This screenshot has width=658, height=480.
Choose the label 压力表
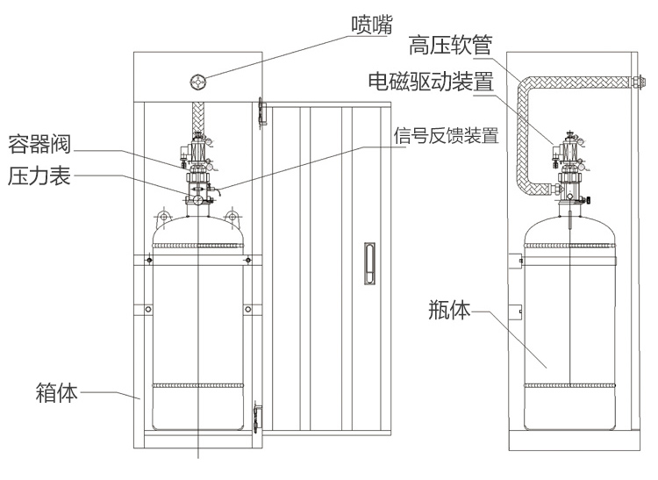coord(37,174)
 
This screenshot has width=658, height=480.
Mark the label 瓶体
coord(450,310)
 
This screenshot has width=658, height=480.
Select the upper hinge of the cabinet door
coord(261,109)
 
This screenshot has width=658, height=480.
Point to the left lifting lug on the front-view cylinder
coord(162,215)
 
